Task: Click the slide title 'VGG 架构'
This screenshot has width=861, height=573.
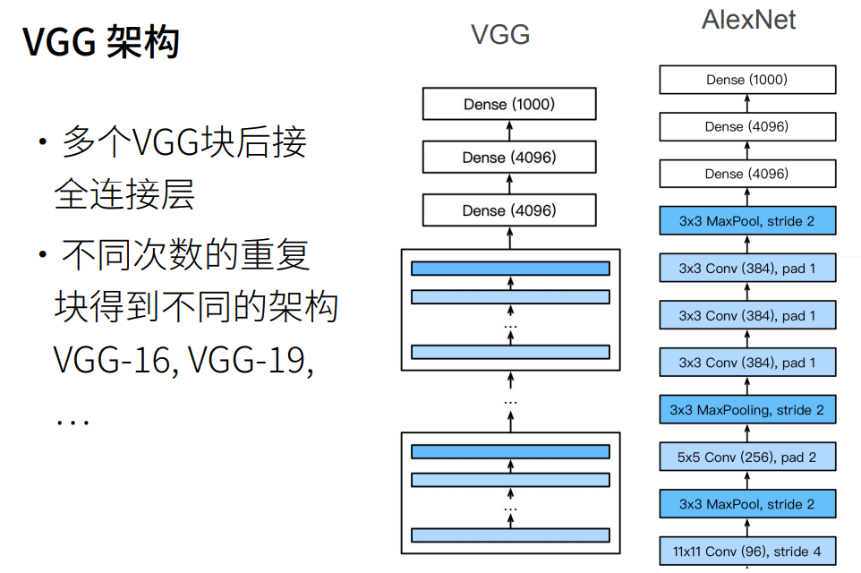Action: (100, 42)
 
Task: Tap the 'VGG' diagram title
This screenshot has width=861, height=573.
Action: (500, 35)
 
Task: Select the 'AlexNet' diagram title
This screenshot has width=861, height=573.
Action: (748, 20)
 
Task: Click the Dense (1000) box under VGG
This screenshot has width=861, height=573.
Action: (509, 104)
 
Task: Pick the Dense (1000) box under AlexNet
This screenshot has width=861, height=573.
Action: (747, 80)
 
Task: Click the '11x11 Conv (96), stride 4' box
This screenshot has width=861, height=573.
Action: (747, 552)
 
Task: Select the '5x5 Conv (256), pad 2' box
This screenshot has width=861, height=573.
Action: (747, 458)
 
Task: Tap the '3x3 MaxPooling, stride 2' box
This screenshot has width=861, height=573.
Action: (747, 410)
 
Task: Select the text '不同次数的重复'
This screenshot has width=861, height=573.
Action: (185, 256)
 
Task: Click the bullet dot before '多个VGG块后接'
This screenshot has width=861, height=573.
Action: (42, 142)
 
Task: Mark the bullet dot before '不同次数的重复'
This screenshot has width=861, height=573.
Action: (42, 257)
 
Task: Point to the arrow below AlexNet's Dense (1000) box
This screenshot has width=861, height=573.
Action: (747, 103)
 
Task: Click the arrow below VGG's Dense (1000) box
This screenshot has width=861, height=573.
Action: (509, 131)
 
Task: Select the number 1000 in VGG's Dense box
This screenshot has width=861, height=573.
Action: (533, 104)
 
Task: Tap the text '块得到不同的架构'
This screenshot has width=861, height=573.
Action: (196, 308)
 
